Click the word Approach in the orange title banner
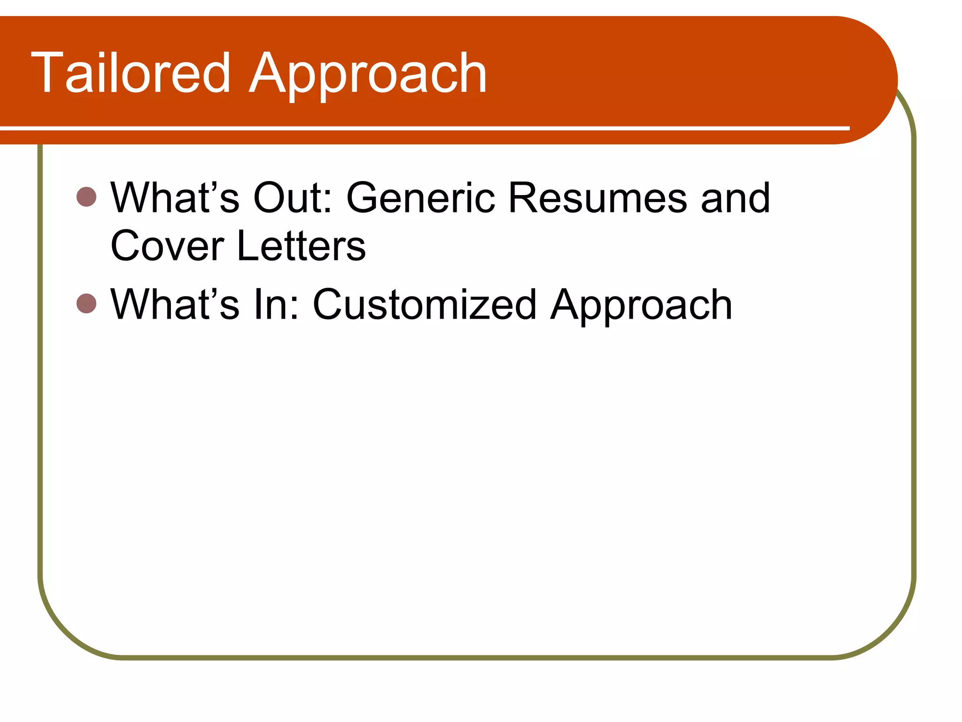[x=368, y=75]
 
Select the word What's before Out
[x=175, y=197]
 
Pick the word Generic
[x=420, y=197]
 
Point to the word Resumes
[x=597, y=197]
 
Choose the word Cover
[x=167, y=246]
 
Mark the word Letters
[x=301, y=246]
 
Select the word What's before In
[x=175, y=305]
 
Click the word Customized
[x=425, y=305]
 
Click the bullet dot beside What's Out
[x=86, y=196]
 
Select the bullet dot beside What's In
[x=86, y=304]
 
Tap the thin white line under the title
[x=423, y=128]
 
